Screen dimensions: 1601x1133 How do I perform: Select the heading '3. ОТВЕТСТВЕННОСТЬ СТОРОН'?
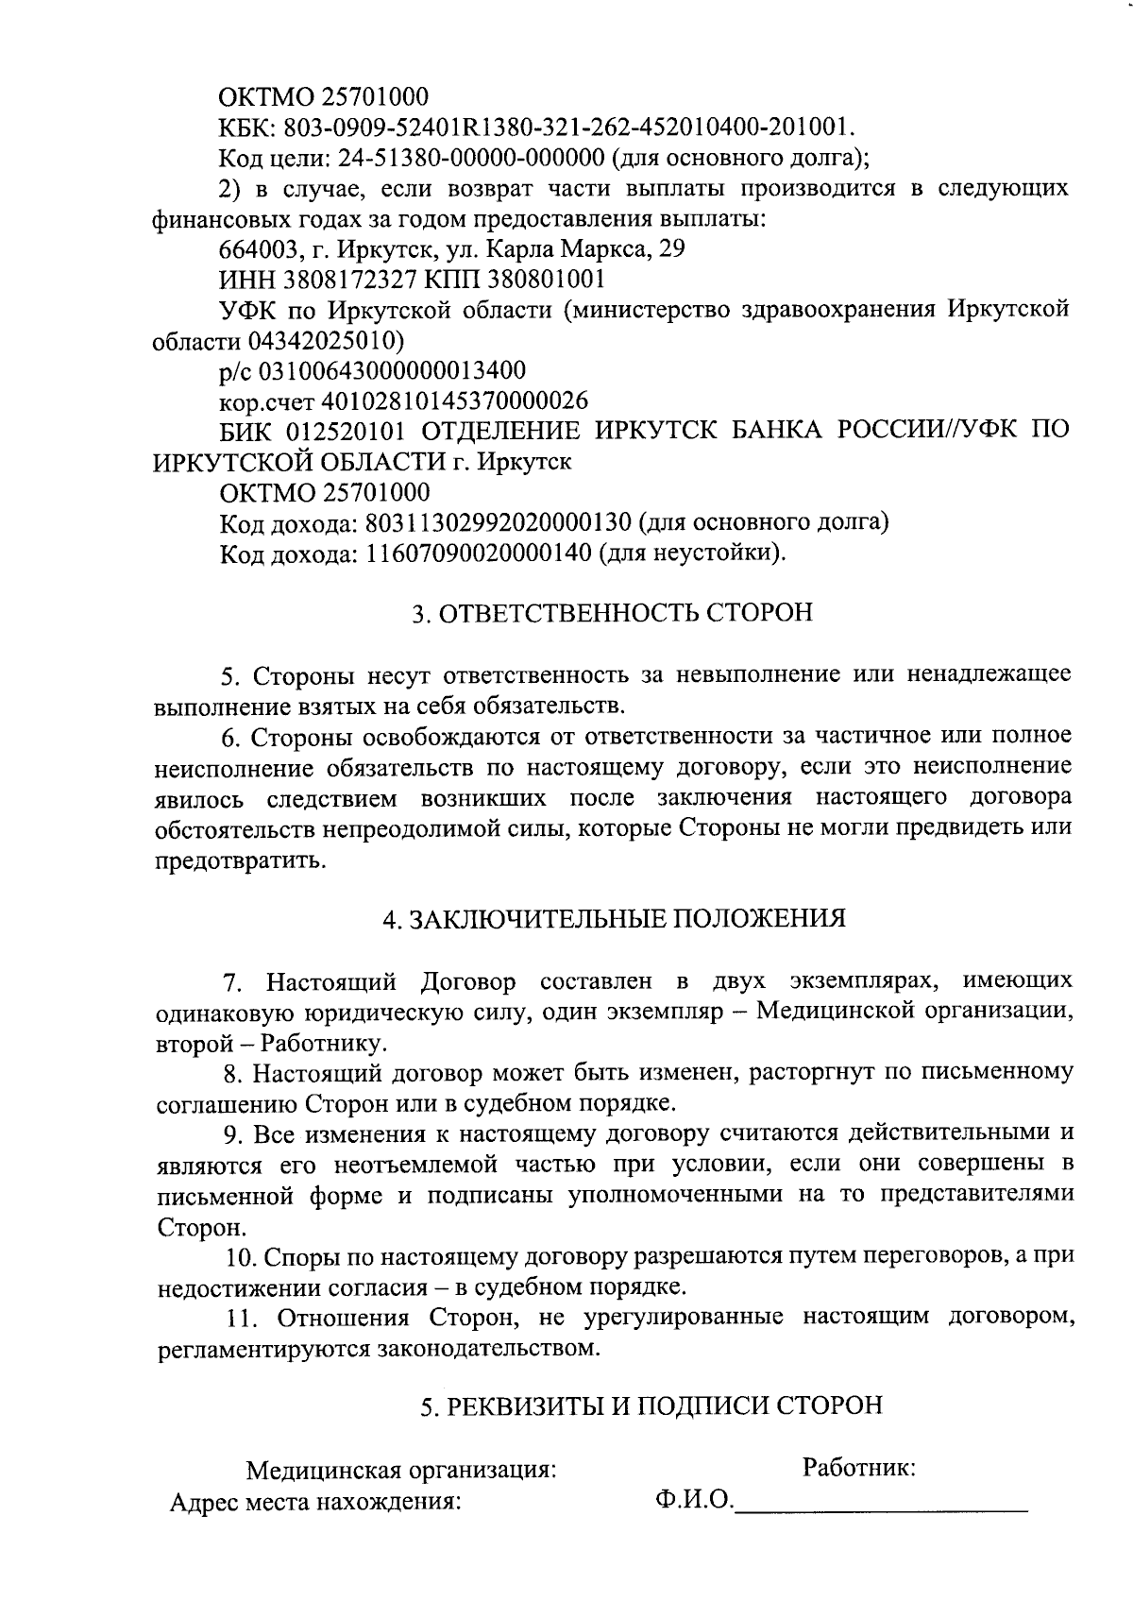[x=612, y=612]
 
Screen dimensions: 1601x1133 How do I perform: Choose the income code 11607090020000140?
[x=478, y=552]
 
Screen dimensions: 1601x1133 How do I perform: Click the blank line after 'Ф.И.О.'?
[x=880, y=1502]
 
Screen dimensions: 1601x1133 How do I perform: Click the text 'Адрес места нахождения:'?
[x=314, y=1503]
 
